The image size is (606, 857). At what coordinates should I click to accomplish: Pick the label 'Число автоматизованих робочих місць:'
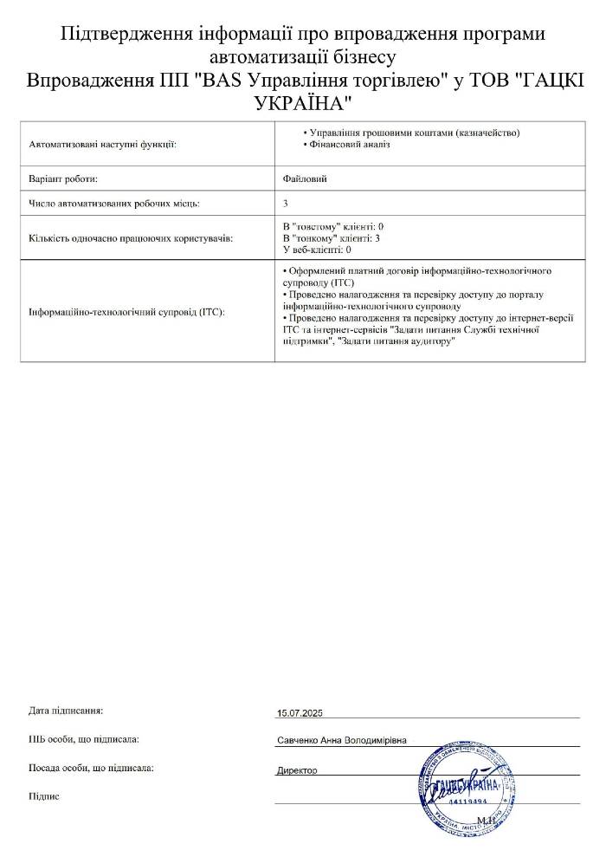point(114,204)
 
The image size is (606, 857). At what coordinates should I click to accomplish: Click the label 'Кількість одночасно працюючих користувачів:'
point(131,237)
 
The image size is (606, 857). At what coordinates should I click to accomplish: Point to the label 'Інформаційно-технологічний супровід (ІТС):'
point(126,312)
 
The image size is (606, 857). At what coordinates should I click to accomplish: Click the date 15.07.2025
point(299,712)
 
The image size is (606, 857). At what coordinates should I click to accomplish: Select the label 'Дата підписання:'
point(66,711)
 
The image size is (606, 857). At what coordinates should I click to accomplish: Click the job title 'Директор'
point(297,770)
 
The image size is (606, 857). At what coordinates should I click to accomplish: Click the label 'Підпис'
point(44,795)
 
